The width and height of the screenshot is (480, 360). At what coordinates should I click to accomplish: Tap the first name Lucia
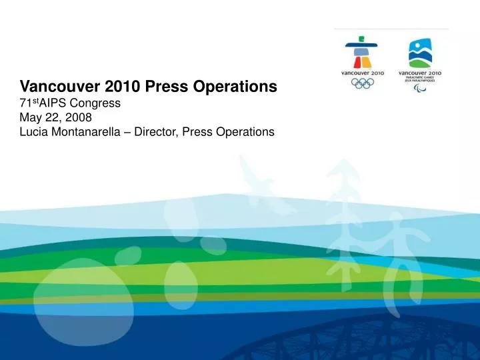point(35,132)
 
